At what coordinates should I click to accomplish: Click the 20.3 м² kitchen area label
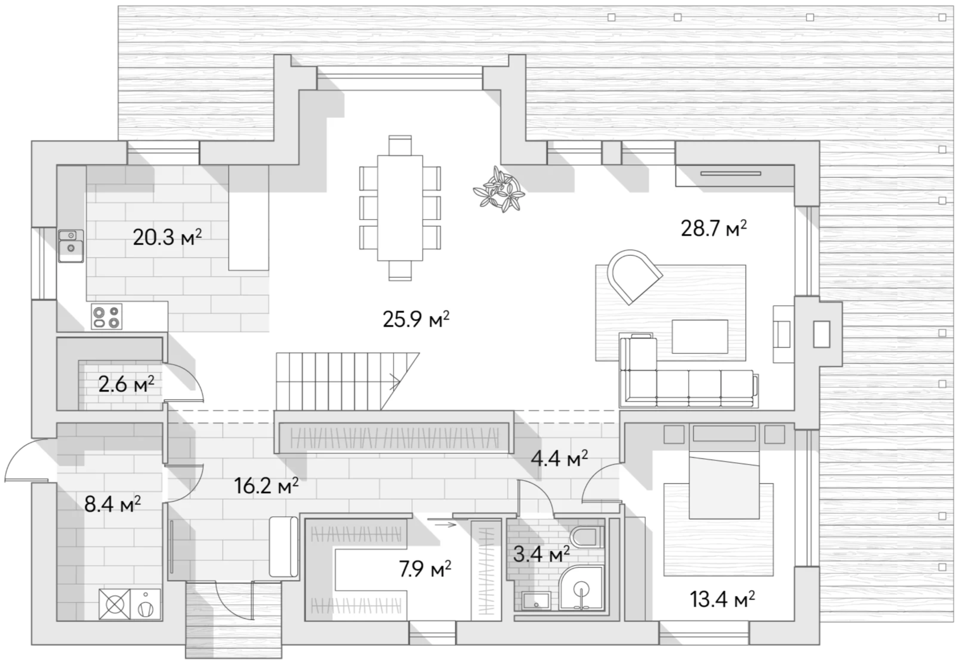[167, 236]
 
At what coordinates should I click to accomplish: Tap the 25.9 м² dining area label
[416, 319]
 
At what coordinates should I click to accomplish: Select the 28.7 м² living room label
[713, 228]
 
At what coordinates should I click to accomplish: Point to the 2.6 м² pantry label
[126, 385]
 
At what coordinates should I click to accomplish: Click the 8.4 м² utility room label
[112, 504]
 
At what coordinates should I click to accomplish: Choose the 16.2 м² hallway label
[266, 486]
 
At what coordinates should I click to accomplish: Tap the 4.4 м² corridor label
[559, 458]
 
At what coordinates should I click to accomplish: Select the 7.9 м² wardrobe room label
[425, 569]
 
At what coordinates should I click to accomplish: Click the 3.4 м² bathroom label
[541, 553]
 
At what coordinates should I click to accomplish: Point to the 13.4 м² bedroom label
[722, 599]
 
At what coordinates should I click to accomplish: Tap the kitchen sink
[71, 246]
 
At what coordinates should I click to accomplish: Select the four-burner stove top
[107, 317]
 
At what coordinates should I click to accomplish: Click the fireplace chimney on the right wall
[821, 334]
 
